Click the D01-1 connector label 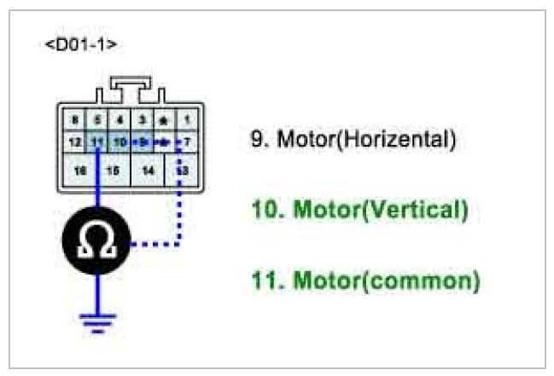80,43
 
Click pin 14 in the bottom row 147,170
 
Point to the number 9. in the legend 259,139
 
